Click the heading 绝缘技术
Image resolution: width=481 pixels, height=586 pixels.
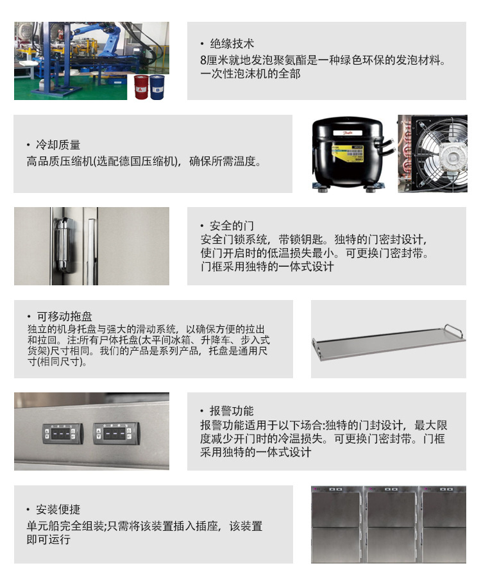pos(232,44)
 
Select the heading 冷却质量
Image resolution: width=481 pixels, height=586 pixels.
pos(58,145)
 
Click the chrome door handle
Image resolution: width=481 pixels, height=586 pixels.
pos(64,244)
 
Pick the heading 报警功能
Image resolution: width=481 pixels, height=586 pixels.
pos(232,411)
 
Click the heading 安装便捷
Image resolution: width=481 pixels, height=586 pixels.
pos(58,510)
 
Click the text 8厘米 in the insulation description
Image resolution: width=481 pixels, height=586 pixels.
pos(213,60)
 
